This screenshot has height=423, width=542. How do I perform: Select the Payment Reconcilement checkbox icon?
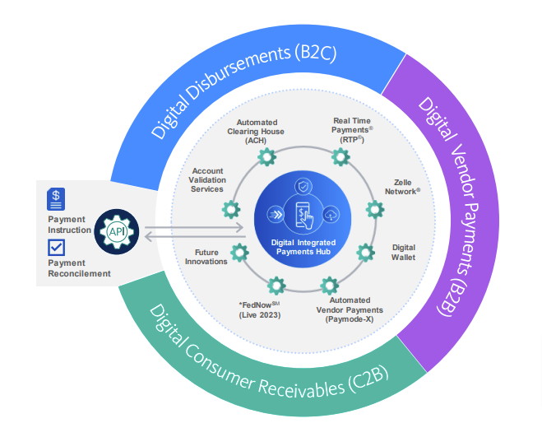click(57, 247)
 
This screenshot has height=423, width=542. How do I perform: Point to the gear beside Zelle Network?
click(374, 209)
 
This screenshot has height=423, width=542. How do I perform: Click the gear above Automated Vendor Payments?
click(329, 286)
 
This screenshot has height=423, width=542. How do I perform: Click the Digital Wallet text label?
click(404, 252)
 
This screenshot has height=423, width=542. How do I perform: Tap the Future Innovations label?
click(199, 257)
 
